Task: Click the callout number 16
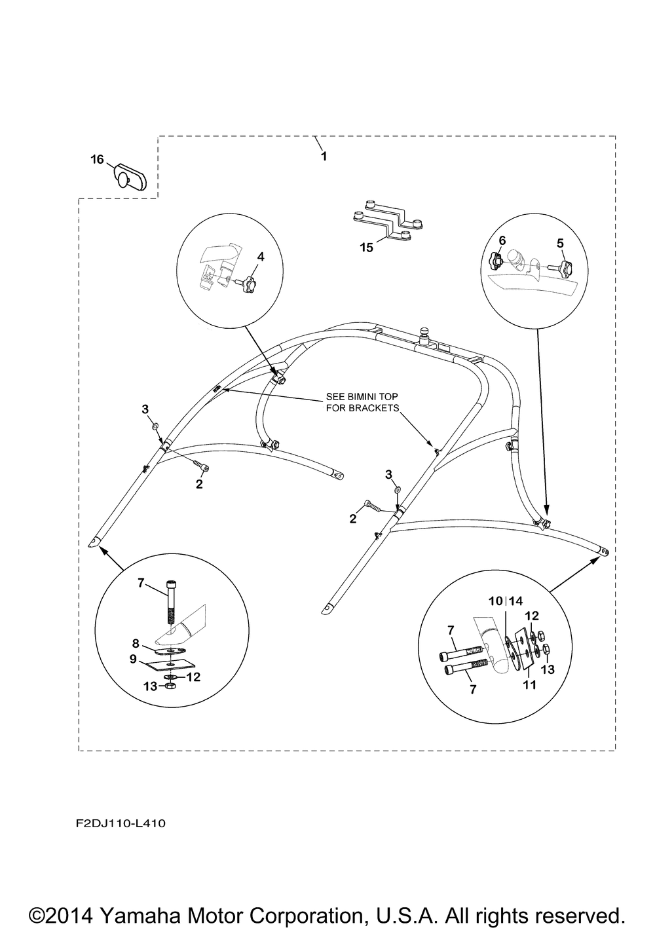pos(97,159)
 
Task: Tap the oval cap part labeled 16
pos(130,176)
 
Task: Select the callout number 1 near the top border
pos(323,157)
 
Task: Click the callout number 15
pos(366,248)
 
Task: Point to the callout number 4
pos(260,257)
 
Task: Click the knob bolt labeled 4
pos(247,286)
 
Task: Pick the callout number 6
pos(502,240)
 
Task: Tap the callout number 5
pos(560,243)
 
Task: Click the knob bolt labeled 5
pos(563,267)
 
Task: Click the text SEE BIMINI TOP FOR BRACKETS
pos(362,402)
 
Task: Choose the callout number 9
pos(132,660)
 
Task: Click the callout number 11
pos(530,685)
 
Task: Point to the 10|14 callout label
pos(506,601)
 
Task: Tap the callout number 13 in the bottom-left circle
pos(151,686)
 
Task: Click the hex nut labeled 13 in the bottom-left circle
pos(170,685)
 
